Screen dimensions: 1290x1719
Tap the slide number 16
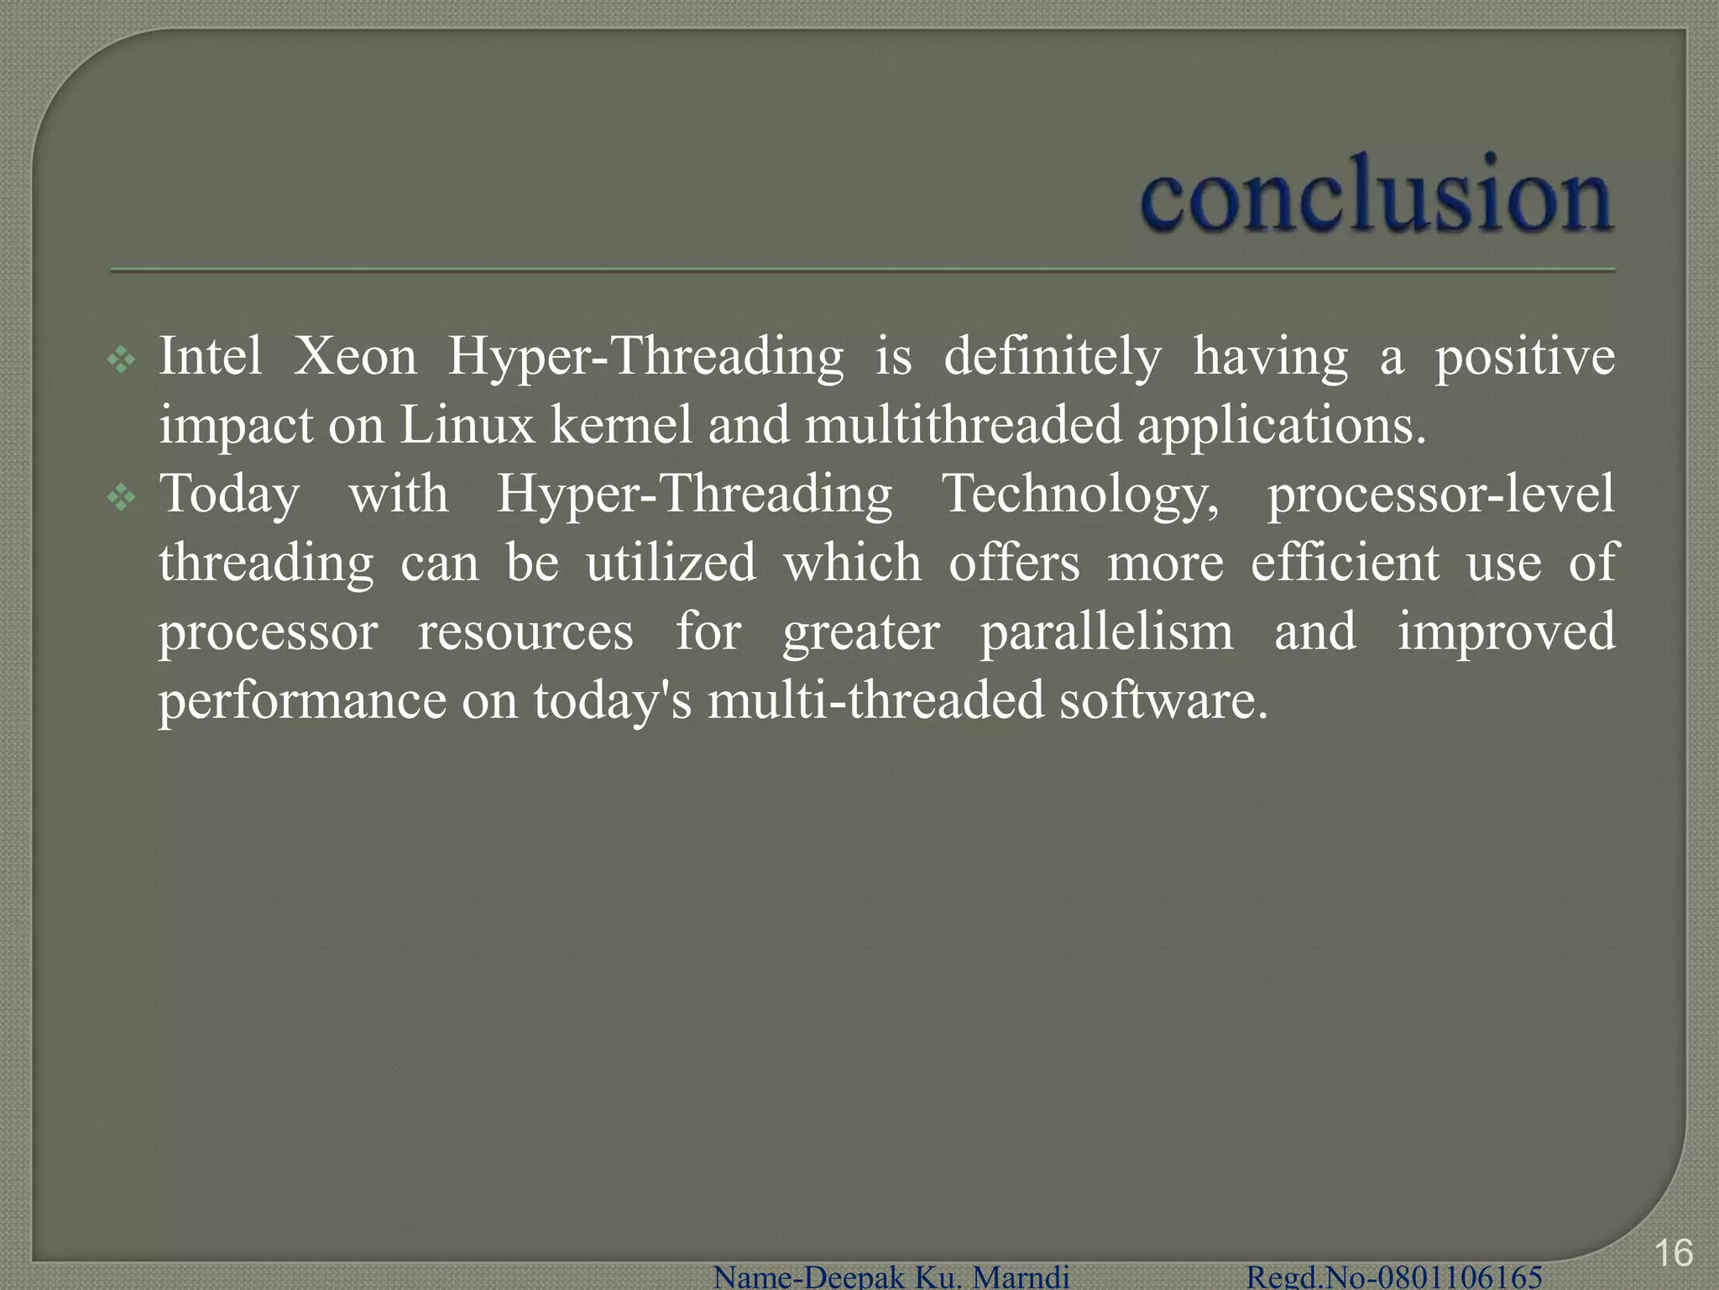1673,1253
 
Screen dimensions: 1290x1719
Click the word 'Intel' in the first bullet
210,356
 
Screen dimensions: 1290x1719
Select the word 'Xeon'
354,356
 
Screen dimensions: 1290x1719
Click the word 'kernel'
622,425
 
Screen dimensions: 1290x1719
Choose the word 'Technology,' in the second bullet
1081,496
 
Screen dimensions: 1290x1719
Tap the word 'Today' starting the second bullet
229,494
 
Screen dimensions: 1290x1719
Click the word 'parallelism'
1107,632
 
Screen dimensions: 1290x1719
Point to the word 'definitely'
1053,356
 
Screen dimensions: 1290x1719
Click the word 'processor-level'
1440,496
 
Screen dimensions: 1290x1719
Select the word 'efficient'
1345,563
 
